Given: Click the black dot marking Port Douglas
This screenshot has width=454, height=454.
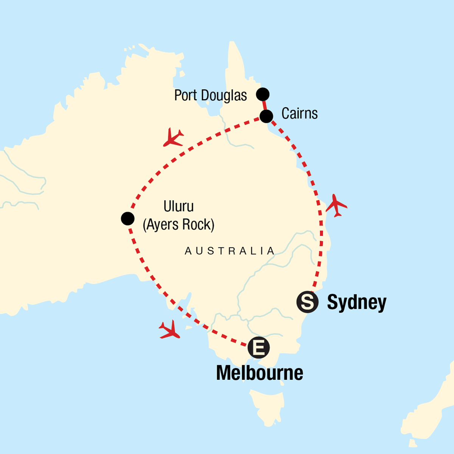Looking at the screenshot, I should tap(263, 94).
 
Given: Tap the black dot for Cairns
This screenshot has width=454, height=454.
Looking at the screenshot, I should tap(267, 116).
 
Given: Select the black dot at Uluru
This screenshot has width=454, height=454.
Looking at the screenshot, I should tap(127, 218).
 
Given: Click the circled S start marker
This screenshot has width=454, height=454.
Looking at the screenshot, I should tap(308, 302).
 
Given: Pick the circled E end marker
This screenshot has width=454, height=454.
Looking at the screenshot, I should tap(259, 347).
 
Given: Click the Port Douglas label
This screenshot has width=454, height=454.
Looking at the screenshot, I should tap(210, 95).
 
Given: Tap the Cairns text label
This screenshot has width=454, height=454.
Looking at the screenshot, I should tap(299, 113).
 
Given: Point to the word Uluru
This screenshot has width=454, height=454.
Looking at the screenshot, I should tap(179, 207).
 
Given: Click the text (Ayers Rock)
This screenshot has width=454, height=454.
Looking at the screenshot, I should tap(179, 225).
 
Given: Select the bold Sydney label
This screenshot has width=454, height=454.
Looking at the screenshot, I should tap(357, 302).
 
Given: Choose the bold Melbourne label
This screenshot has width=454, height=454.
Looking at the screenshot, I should tap(260, 373).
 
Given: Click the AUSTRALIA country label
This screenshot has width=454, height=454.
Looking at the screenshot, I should tap(230, 251).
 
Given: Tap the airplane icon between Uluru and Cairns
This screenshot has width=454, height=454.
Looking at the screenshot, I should tap(173, 137).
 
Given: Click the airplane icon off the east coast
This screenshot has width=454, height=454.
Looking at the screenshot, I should tap(336, 206).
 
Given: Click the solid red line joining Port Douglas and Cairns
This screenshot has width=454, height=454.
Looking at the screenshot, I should tap(264, 105).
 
